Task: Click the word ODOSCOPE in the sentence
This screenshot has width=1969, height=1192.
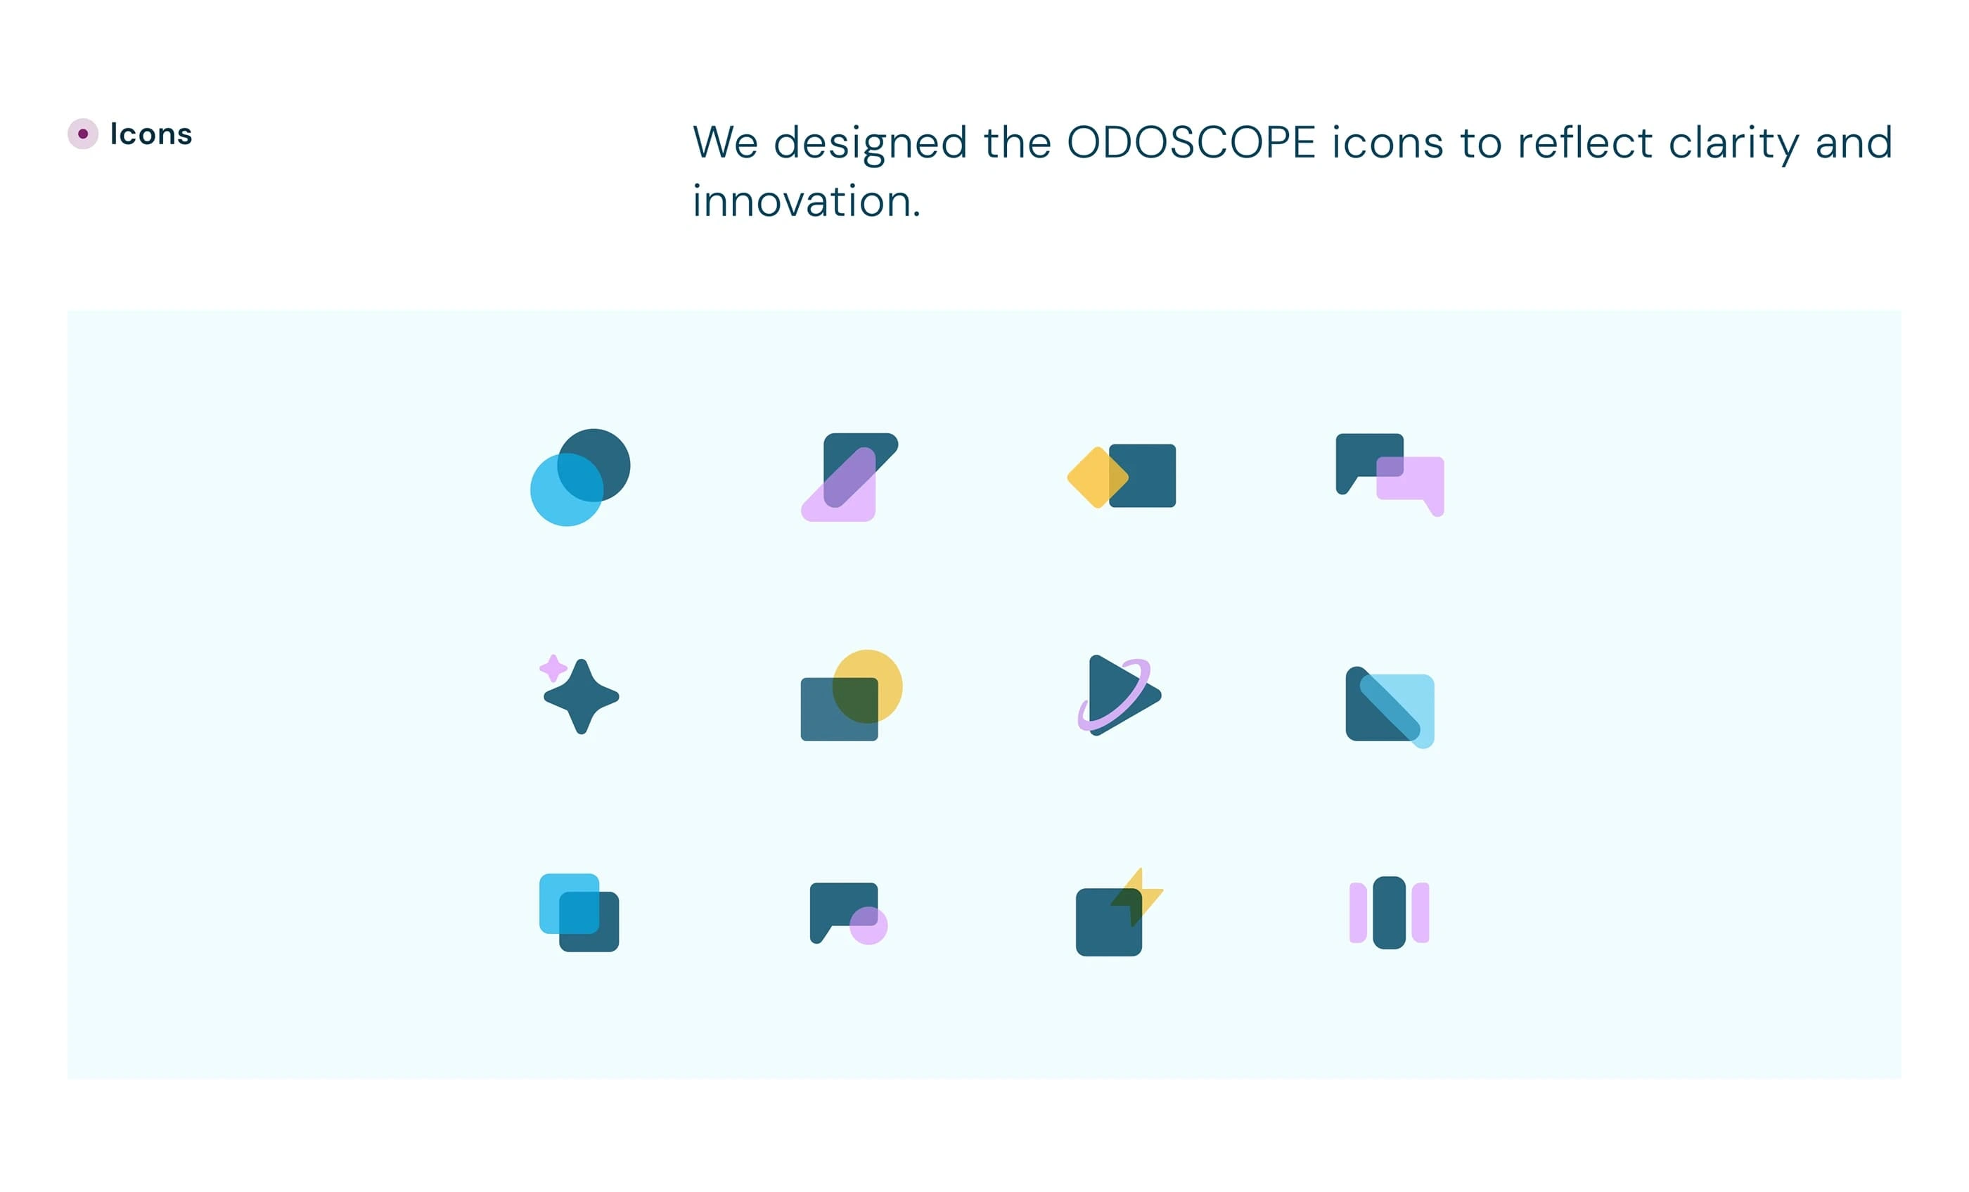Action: (x=1191, y=143)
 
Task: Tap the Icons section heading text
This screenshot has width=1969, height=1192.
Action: (x=151, y=134)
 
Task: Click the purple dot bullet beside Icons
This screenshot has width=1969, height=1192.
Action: (x=83, y=134)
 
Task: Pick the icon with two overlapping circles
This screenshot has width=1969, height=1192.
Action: (x=580, y=477)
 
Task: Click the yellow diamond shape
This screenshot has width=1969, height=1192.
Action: (x=1098, y=477)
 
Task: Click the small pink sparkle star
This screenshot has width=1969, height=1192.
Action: (x=553, y=668)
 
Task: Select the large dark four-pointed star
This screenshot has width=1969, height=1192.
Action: (x=581, y=697)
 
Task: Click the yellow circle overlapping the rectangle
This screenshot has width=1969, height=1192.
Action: (x=867, y=686)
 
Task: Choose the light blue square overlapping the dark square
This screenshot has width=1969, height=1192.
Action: (x=569, y=904)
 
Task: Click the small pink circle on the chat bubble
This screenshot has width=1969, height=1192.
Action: (x=868, y=925)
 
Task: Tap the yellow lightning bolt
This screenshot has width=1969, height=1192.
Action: (x=1138, y=897)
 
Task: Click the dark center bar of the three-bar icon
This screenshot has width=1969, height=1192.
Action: (x=1390, y=912)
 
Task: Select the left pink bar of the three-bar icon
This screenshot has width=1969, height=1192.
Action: (x=1358, y=912)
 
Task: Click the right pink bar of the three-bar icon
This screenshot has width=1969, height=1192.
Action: (x=1420, y=912)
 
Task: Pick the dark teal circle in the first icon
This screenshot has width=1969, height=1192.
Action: (x=594, y=465)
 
